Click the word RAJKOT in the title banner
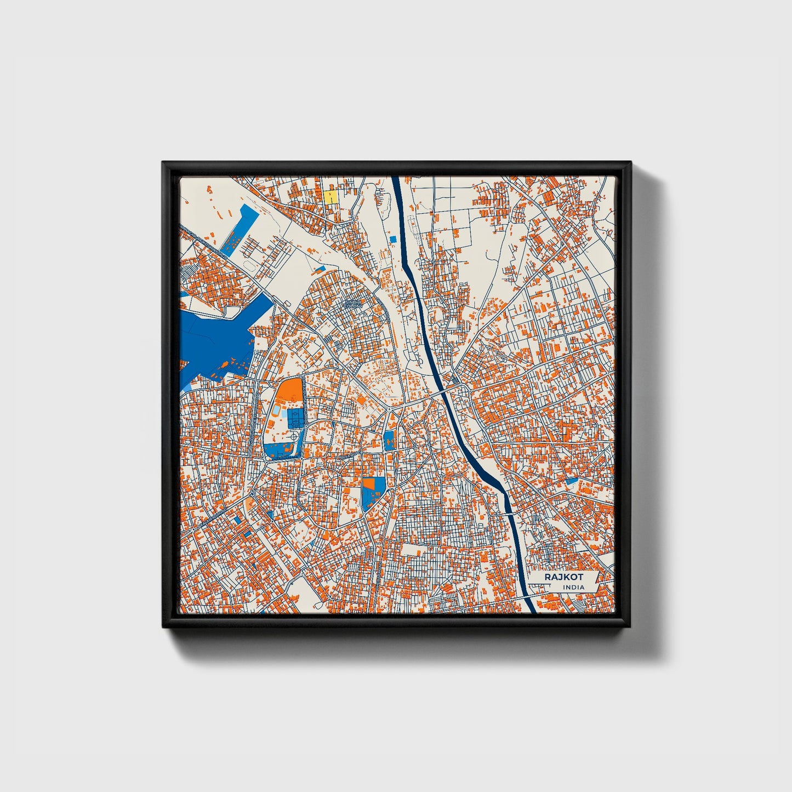563,577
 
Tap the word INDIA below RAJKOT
573,587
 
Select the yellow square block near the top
330,197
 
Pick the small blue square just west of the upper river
392,239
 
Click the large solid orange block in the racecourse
289,391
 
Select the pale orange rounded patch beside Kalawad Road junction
250,503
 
